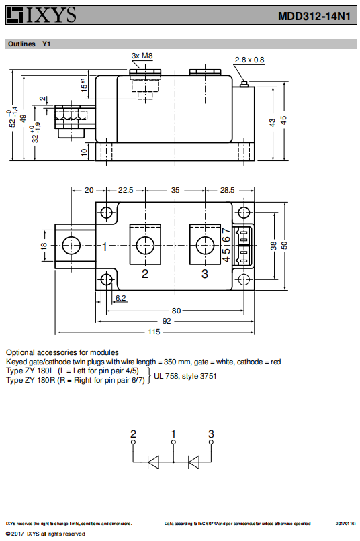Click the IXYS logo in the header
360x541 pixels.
click(x=42, y=15)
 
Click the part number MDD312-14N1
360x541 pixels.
click(x=314, y=16)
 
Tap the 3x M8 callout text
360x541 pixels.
click(x=142, y=56)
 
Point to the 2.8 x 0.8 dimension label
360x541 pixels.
click(x=250, y=60)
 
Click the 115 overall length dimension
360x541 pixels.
click(x=154, y=332)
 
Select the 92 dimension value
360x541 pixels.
click(x=167, y=322)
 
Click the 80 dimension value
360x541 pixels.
click(x=177, y=311)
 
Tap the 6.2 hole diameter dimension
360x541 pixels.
click(x=120, y=298)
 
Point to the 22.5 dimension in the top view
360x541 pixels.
click(x=126, y=190)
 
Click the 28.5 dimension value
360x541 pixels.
click(x=228, y=190)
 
